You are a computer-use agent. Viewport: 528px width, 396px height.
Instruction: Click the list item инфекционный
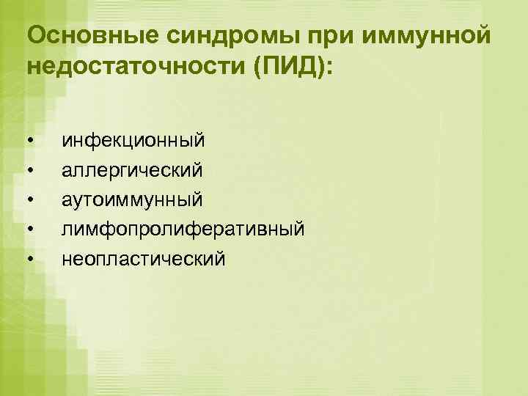point(133,139)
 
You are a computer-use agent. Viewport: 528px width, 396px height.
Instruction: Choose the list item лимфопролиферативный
point(183,230)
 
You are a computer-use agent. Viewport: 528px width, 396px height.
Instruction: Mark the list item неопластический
point(144,259)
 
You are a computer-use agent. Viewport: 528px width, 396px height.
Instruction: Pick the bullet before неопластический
point(29,260)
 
